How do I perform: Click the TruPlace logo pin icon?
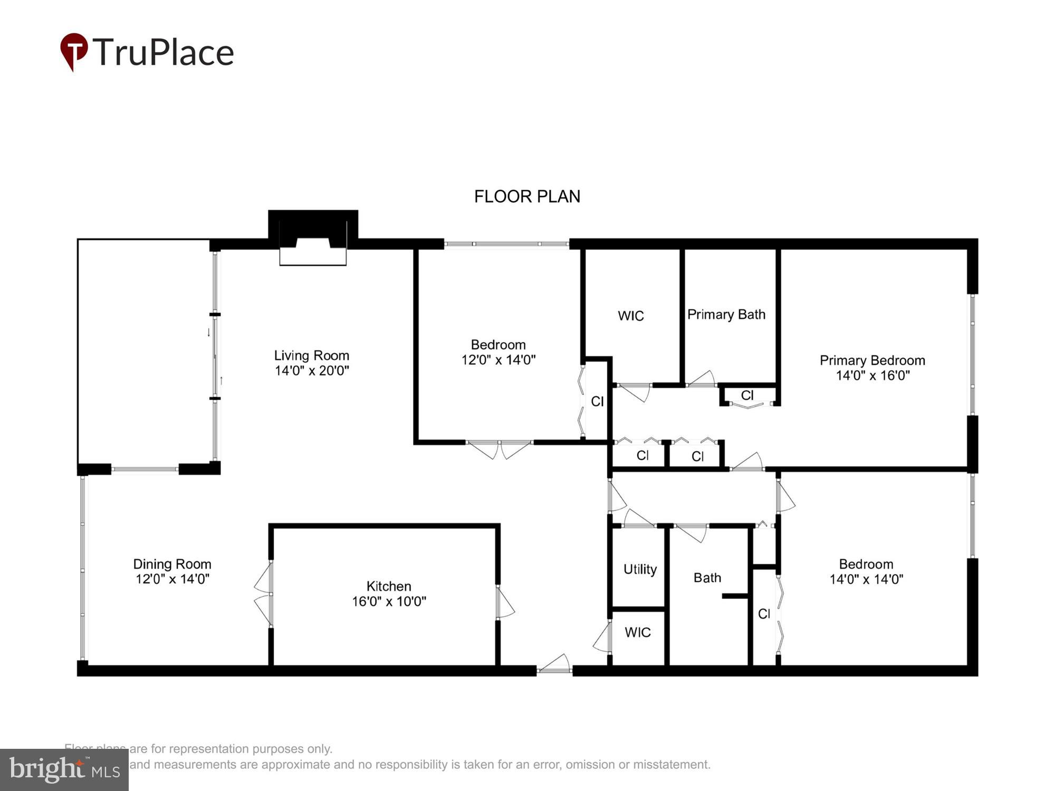pos(74,51)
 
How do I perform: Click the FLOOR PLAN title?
pos(527,197)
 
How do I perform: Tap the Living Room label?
pos(311,355)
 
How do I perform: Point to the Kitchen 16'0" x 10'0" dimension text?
pos(389,601)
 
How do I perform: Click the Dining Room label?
pos(172,564)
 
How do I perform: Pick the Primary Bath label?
pos(726,315)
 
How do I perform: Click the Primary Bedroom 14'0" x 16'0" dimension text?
pos(872,375)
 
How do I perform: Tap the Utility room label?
pos(640,570)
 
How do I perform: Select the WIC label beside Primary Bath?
pos(631,316)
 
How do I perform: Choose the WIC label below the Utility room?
pos(637,632)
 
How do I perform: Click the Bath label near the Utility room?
pos(707,578)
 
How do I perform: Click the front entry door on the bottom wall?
pos(554,667)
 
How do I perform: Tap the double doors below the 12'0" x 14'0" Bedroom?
pos(499,448)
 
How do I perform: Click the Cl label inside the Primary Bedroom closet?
pos(747,395)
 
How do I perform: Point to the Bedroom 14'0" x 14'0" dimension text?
pos(866,580)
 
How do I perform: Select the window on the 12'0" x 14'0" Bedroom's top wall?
pos(506,244)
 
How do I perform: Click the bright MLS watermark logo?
pos(64,770)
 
